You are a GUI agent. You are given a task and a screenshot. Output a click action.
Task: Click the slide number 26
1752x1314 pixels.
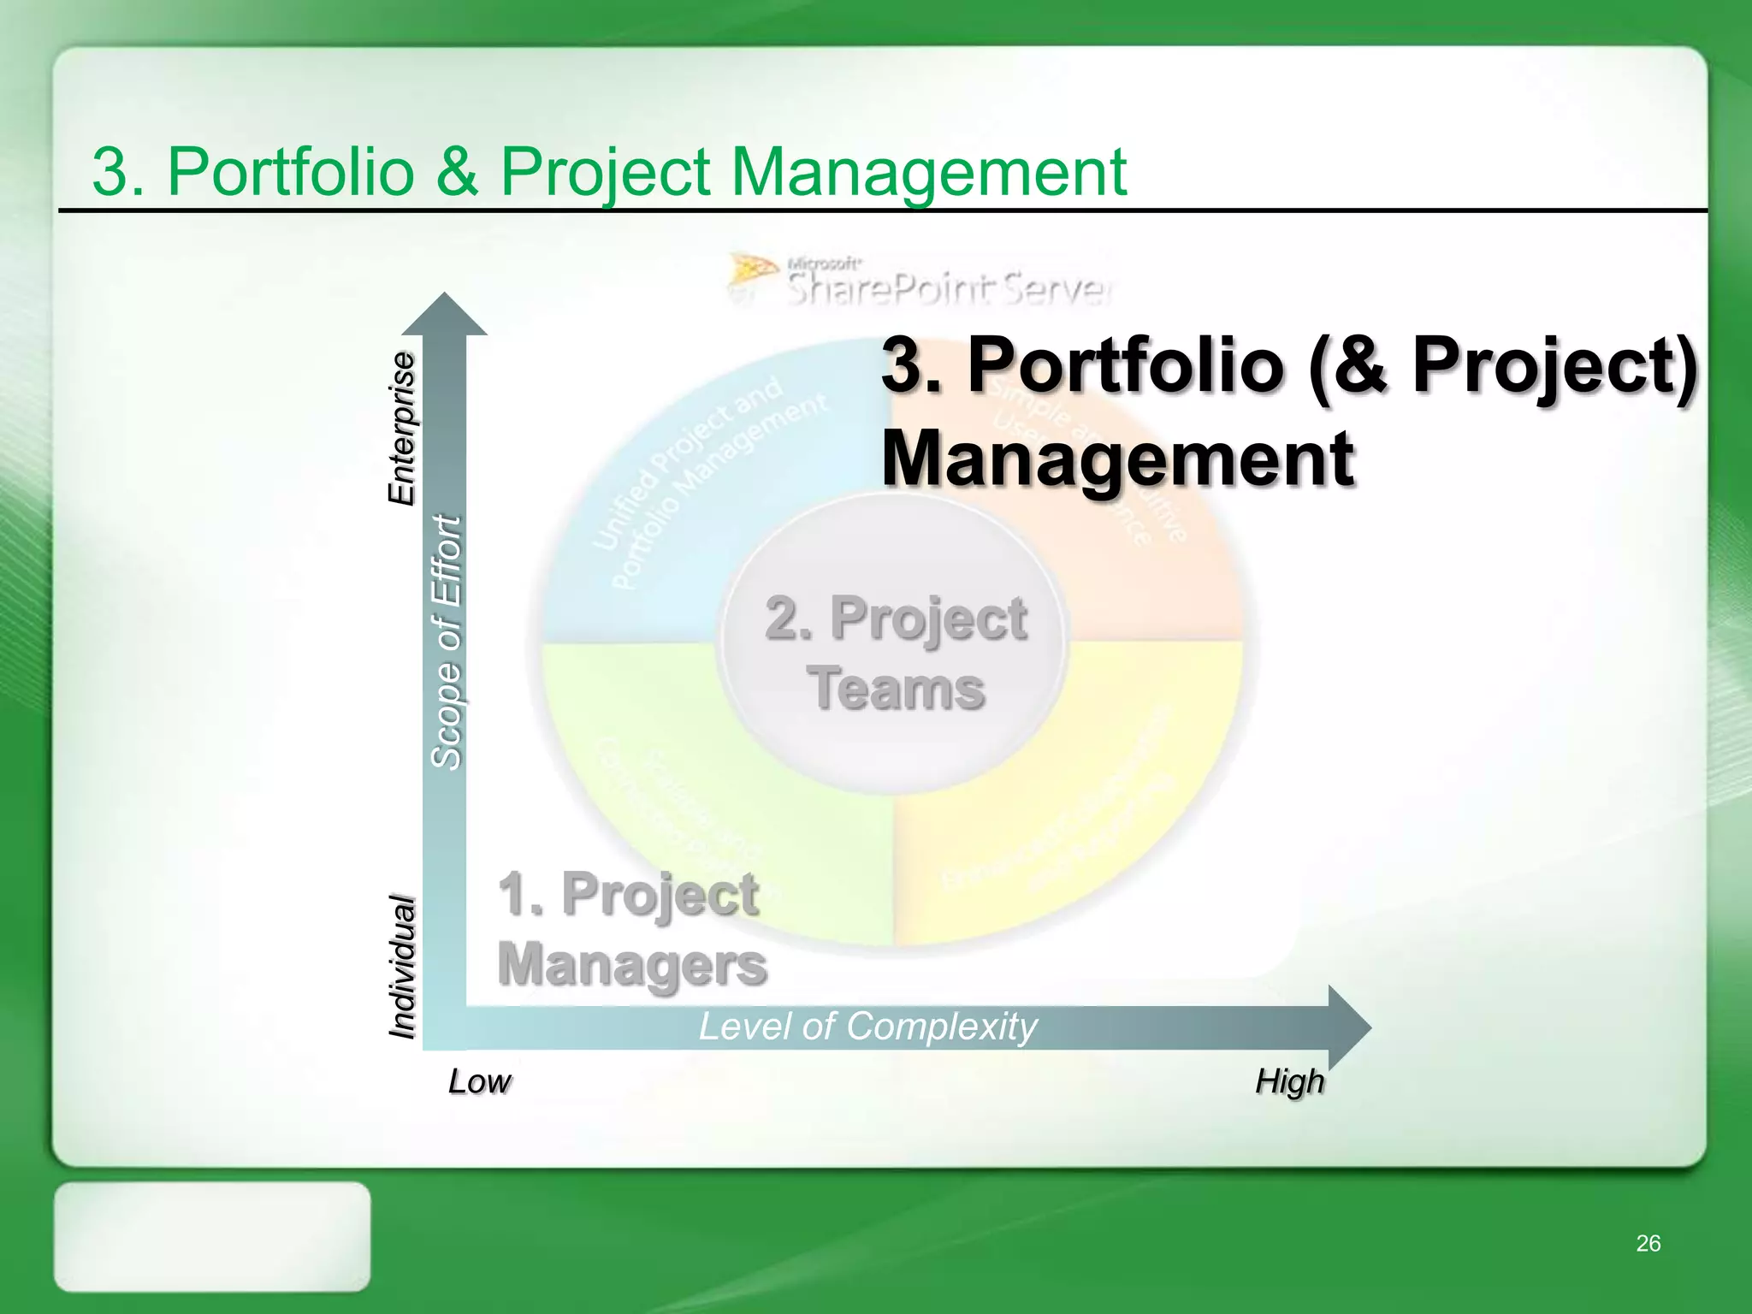pos(1648,1243)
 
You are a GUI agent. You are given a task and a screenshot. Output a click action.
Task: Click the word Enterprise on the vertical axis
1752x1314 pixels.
pos(401,428)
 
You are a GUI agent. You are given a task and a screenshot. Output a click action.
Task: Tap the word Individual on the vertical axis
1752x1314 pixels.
pos(401,967)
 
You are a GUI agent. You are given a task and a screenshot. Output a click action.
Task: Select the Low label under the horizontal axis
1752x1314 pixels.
pos(479,1082)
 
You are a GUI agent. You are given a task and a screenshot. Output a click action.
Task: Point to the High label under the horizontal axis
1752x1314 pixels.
pos(1289,1082)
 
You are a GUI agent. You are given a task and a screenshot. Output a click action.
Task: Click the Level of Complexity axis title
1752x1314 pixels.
pos(867,1027)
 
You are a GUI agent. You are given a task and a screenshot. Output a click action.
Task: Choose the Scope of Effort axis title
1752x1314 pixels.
pos(446,642)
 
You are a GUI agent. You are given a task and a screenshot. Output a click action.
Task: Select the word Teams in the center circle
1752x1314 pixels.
pos(896,689)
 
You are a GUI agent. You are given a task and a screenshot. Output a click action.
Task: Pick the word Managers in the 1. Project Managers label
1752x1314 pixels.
pos(631,965)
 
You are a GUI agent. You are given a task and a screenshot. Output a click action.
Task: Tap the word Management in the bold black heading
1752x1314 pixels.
pos(1117,459)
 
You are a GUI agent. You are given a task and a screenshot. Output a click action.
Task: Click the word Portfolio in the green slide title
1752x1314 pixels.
pos(291,171)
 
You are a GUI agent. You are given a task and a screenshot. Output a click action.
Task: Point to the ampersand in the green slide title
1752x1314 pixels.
pos(458,171)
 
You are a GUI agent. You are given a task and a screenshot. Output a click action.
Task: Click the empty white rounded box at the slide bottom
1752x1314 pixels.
pos(212,1236)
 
